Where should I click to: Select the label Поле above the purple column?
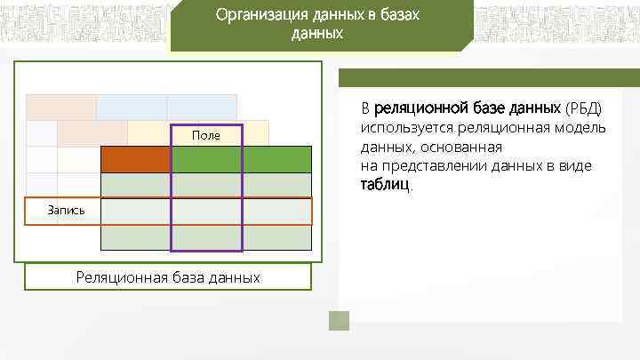click(206, 135)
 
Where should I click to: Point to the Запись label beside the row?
click(67, 211)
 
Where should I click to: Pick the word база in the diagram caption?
click(188, 277)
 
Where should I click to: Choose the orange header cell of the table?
click(135, 159)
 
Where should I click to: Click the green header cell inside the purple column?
click(206, 159)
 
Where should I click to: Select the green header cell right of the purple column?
click(276, 159)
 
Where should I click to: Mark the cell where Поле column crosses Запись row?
click(206, 211)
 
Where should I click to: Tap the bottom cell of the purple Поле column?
click(206, 237)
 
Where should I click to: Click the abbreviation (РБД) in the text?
click(583, 108)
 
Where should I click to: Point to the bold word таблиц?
click(386, 186)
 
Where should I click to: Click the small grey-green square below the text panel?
click(339, 320)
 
